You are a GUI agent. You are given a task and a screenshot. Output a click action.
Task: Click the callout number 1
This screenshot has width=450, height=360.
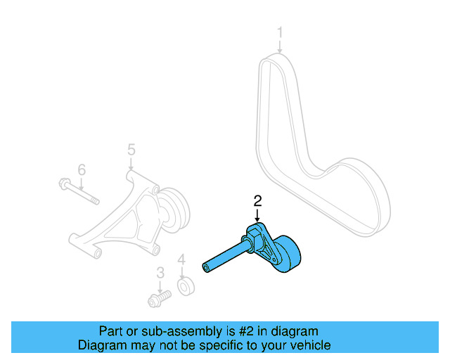pyautogui.click(x=280, y=32)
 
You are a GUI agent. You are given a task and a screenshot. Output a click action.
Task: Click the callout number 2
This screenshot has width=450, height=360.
pyautogui.click(x=258, y=200)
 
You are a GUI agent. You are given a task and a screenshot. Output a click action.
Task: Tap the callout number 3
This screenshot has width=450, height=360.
pyautogui.click(x=160, y=272)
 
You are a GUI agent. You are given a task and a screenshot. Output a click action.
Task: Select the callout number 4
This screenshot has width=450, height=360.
pyautogui.click(x=181, y=261)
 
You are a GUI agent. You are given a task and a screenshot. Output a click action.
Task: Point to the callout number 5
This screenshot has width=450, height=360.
pyautogui.click(x=131, y=149)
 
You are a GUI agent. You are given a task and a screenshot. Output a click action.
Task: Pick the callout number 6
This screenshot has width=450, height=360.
pyautogui.click(x=82, y=169)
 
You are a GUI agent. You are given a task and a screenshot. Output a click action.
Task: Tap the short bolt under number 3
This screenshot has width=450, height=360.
pyautogui.click(x=159, y=300)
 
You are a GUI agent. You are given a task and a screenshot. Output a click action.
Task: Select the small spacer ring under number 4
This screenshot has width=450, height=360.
pyautogui.click(x=186, y=288)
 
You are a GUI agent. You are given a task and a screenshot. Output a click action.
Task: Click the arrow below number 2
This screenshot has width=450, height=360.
pyautogui.click(x=258, y=216)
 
